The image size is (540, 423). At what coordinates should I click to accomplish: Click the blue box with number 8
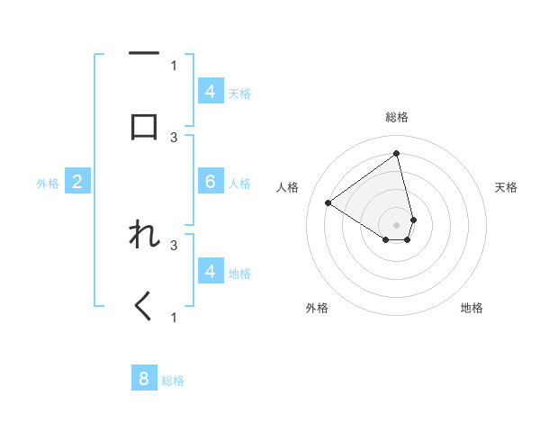tap(144, 379)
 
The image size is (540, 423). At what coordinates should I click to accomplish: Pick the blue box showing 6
tap(210, 182)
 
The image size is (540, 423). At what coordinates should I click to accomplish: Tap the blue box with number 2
tap(76, 182)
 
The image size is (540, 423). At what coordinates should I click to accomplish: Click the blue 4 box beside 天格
tap(210, 92)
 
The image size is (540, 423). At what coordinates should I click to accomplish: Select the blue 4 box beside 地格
tap(210, 272)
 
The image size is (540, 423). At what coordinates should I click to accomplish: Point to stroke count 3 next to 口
tap(174, 137)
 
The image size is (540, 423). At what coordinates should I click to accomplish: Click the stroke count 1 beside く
tap(174, 317)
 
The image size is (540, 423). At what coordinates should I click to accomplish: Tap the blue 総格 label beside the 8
tap(173, 381)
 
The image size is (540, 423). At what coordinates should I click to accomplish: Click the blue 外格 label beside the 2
tap(48, 184)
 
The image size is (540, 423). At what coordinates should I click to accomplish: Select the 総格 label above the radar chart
tap(397, 117)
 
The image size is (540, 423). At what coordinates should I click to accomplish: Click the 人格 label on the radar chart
tap(288, 187)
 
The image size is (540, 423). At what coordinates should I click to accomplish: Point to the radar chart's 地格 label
tap(472, 309)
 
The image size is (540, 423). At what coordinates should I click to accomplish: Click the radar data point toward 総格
tap(397, 154)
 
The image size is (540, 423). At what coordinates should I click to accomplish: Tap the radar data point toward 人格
tap(328, 203)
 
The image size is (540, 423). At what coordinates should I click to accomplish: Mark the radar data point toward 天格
tap(413, 220)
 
